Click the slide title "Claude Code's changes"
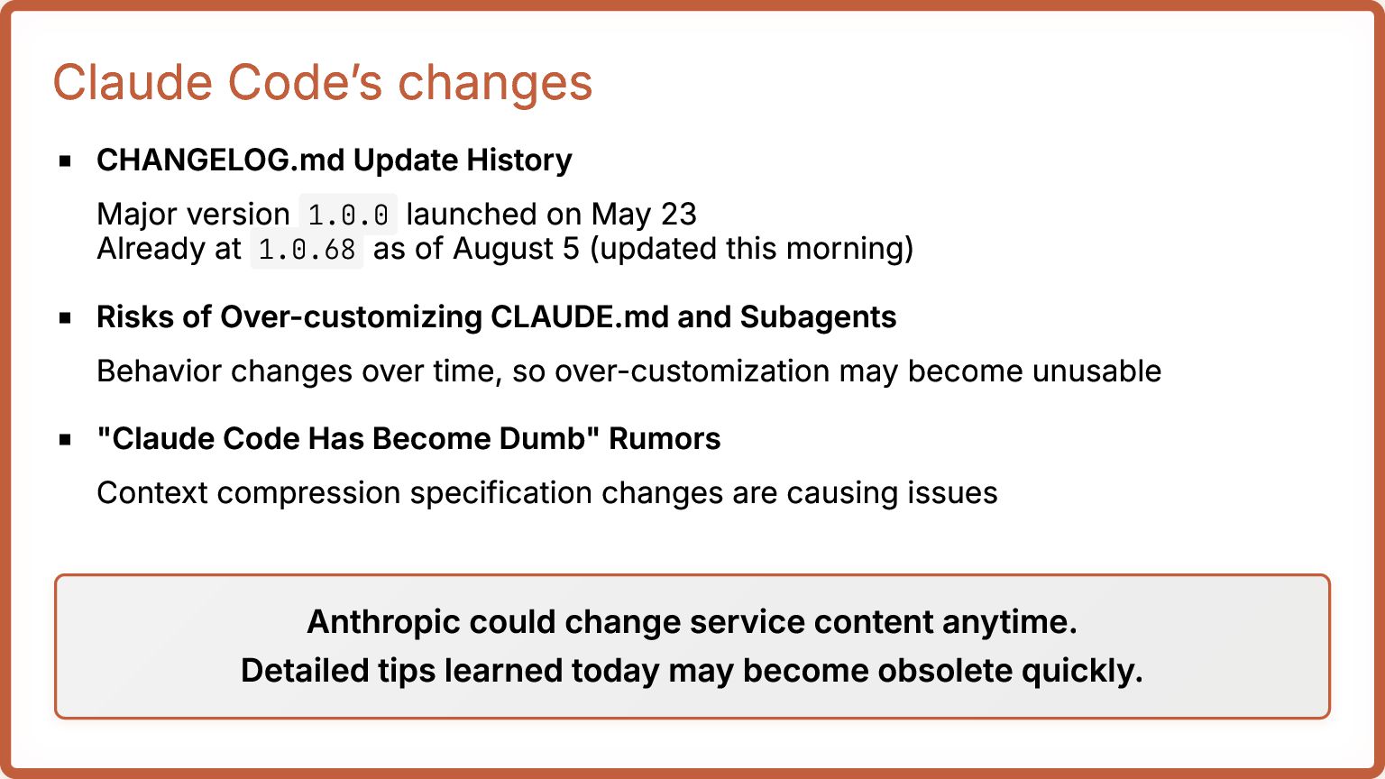pos(323,83)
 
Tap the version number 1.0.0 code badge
pos(348,215)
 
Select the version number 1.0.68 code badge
pos(307,249)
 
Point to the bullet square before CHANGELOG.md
pos(65,161)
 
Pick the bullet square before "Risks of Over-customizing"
pos(65,317)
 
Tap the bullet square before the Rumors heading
pos(65,440)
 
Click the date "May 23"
pos(645,215)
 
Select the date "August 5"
pos(517,249)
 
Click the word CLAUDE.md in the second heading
pos(580,317)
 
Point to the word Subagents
pos(818,318)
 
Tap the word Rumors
pos(665,439)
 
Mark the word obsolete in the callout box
pos(944,671)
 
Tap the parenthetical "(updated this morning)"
pos(751,249)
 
